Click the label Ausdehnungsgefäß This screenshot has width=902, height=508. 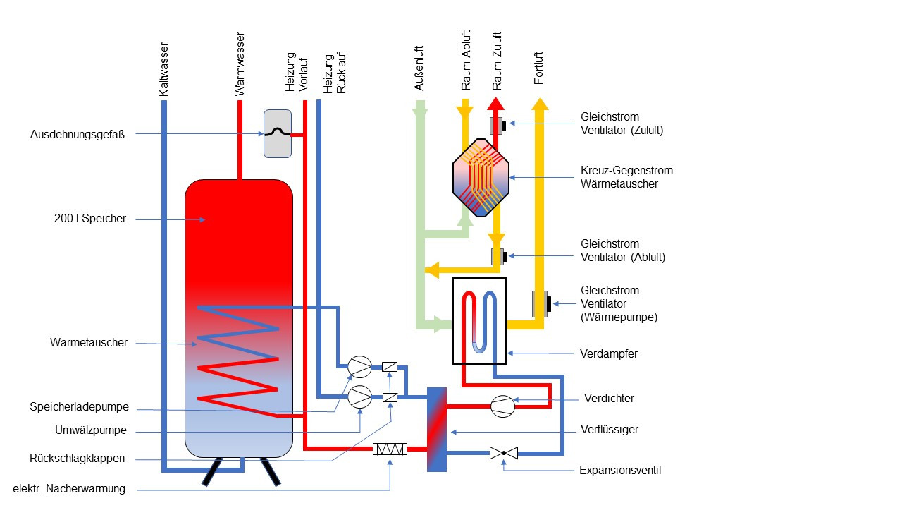(x=78, y=134)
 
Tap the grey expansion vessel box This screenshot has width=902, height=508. (x=277, y=133)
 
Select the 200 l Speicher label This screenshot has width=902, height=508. (x=90, y=219)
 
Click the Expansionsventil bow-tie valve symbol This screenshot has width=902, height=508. (x=504, y=452)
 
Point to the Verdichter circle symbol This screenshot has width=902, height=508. (x=502, y=404)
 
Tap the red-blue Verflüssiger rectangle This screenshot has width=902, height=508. (x=437, y=429)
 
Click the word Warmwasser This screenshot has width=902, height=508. (x=240, y=64)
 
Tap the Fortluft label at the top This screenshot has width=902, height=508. (x=539, y=68)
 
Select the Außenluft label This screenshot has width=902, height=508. (x=419, y=69)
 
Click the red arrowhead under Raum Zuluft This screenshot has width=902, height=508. (x=495, y=104)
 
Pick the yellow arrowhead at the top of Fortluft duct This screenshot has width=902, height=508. (x=540, y=104)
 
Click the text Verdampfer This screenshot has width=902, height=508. (x=609, y=353)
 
